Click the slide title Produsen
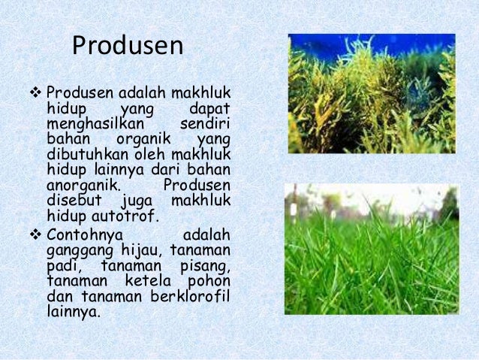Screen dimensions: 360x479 pyautogui.click(x=128, y=46)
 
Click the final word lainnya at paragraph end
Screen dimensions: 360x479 pyautogui.click(x=72, y=311)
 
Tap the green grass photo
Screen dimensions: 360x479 pyautogui.click(x=372, y=249)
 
